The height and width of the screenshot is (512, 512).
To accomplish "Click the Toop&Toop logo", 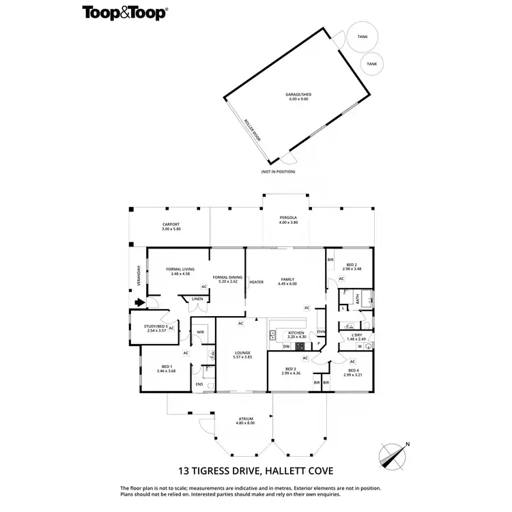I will pyautogui.click(x=125, y=12).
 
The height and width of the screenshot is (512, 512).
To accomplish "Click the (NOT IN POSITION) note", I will pyautogui.click(x=278, y=171).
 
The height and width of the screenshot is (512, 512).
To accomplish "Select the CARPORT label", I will pyautogui.click(x=170, y=225).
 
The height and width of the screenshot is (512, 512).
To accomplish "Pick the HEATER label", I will pyautogui.click(x=256, y=282).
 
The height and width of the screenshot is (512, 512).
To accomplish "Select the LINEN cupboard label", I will pyautogui.click(x=197, y=299).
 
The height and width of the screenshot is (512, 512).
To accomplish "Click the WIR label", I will pyautogui.click(x=200, y=332).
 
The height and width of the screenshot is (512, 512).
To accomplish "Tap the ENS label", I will pyautogui.click(x=199, y=384).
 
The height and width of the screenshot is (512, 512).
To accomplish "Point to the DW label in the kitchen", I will pyautogui.click(x=287, y=346).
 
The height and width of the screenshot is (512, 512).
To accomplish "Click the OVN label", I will pyautogui.click(x=320, y=332).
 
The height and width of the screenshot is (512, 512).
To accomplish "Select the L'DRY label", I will pyautogui.click(x=356, y=335).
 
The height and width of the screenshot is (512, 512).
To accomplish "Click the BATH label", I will pyautogui.click(x=356, y=298).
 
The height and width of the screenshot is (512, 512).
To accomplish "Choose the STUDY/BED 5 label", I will pyautogui.click(x=156, y=326).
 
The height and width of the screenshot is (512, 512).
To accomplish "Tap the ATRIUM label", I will pyautogui.click(x=246, y=418).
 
